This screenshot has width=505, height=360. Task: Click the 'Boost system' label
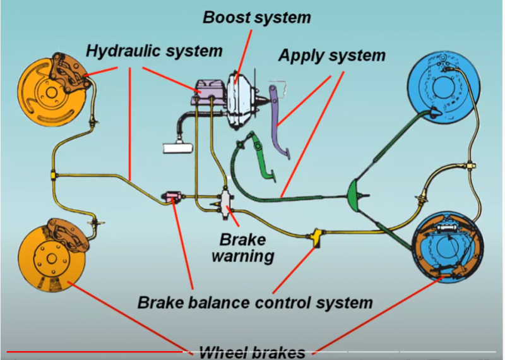256,17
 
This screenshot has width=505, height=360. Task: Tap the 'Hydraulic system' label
154,50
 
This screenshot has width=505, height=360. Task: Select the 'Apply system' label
331,56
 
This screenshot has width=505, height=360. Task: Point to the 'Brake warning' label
242,248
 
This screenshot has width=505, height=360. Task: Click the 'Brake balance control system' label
255,302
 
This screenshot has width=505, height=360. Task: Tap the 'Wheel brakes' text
252,352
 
